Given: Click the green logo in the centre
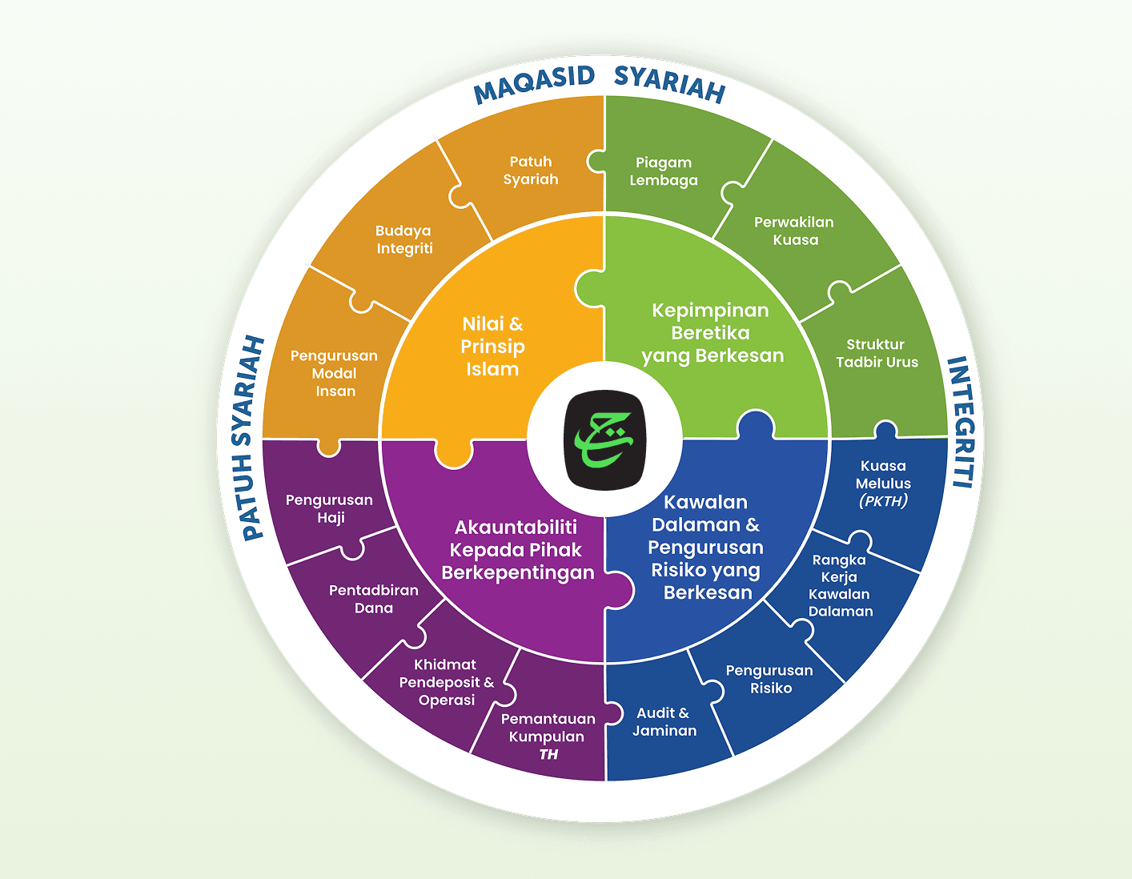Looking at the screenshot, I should tap(604, 439).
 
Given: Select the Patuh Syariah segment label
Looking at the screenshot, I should tap(531, 171).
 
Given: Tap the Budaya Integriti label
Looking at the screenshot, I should tap(404, 239).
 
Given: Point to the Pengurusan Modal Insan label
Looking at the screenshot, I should tap(335, 373).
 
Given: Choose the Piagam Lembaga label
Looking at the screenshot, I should tap(664, 171).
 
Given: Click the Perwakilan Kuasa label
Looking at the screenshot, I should tap(794, 231).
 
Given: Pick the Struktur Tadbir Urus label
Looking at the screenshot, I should tap(877, 353).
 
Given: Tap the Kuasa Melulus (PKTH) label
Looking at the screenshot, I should tap(883, 484).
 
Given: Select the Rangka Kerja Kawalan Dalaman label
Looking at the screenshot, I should tap(840, 585).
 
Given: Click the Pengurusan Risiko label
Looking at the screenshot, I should tap(769, 679).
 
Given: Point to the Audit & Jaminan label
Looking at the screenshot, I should tap(664, 721).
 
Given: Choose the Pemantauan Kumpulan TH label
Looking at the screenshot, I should tap(548, 737).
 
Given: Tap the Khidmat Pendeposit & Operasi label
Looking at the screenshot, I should tap(447, 682).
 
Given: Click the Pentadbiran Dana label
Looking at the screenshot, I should tap(374, 599).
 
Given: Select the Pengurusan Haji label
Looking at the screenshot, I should tap(330, 508).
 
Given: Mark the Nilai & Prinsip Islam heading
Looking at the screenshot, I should tap(492, 347).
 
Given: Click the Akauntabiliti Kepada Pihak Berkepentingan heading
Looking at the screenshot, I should tap(518, 550).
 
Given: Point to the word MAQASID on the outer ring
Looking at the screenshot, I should tap(534, 84).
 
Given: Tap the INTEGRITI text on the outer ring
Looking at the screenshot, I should tap(961, 422).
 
